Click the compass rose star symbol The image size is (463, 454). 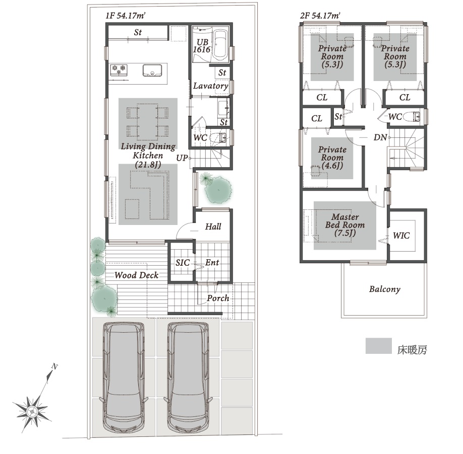(x=31, y=411)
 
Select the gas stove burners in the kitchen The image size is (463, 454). (x=119, y=70)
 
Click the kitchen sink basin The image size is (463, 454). (x=152, y=70)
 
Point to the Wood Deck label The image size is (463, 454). (x=136, y=275)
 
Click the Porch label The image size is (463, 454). (x=218, y=298)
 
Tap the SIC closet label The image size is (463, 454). (x=183, y=263)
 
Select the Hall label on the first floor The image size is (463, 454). (x=213, y=226)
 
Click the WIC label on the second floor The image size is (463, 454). (x=401, y=236)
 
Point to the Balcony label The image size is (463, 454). (x=385, y=289)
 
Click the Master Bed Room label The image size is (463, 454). (x=345, y=225)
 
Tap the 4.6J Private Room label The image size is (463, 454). (x=332, y=158)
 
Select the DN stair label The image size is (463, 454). (x=380, y=137)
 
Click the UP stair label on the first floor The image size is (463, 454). (x=182, y=158)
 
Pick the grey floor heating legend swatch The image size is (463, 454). (x=379, y=346)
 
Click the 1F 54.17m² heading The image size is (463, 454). (x=125, y=16)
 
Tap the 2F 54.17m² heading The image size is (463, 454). (x=320, y=16)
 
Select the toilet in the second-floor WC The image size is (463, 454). (x=412, y=117)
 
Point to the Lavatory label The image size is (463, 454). (x=210, y=86)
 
